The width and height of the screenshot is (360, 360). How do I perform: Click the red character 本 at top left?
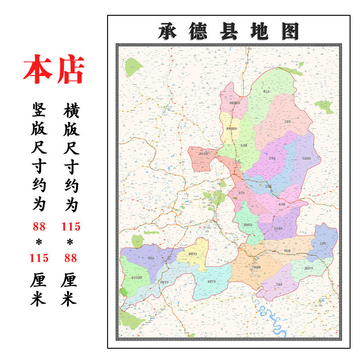click(x=37, y=70)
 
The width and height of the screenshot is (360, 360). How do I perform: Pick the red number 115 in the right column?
click(x=71, y=226)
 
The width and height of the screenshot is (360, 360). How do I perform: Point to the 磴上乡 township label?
click(x=267, y=92)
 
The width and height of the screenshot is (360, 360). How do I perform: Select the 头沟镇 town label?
click(x=245, y=145)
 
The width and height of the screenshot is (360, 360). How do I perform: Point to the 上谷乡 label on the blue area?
click(x=322, y=243)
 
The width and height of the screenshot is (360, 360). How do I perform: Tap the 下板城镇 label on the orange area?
click(x=256, y=266)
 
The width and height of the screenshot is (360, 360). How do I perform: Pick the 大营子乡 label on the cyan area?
click(x=211, y=282)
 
